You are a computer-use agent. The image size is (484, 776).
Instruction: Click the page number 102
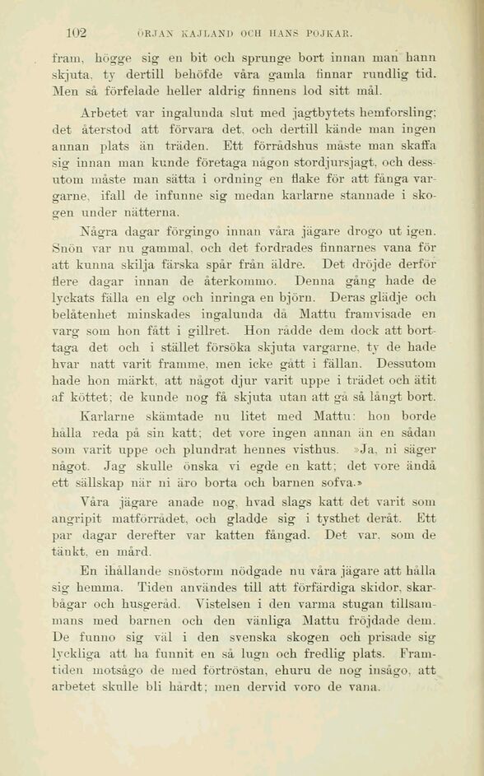77,34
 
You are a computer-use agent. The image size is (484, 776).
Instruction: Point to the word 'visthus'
313,449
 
